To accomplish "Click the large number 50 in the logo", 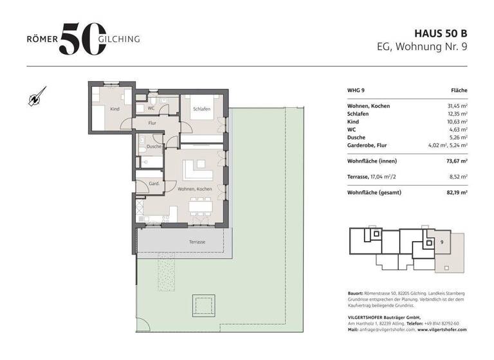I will [x=80, y=39].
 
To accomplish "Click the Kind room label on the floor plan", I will [x=114, y=109].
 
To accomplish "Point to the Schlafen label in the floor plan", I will [x=201, y=109].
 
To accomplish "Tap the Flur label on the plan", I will [x=152, y=122].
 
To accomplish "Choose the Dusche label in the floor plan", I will [x=154, y=147].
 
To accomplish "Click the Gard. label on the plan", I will [x=154, y=183].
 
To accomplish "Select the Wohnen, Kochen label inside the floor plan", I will [x=194, y=189].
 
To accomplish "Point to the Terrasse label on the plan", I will [x=197, y=242].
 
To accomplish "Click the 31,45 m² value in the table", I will [x=455, y=106].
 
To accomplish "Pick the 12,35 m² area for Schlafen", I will [x=455, y=114].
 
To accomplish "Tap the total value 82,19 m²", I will [x=455, y=192].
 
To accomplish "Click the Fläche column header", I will [x=459, y=91].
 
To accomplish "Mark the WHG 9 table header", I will [x=356, y=91].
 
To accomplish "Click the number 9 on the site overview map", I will [x=442, y=242].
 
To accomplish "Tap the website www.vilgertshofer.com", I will [x=442, y=329].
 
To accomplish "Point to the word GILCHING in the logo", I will [x=119, y=39].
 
